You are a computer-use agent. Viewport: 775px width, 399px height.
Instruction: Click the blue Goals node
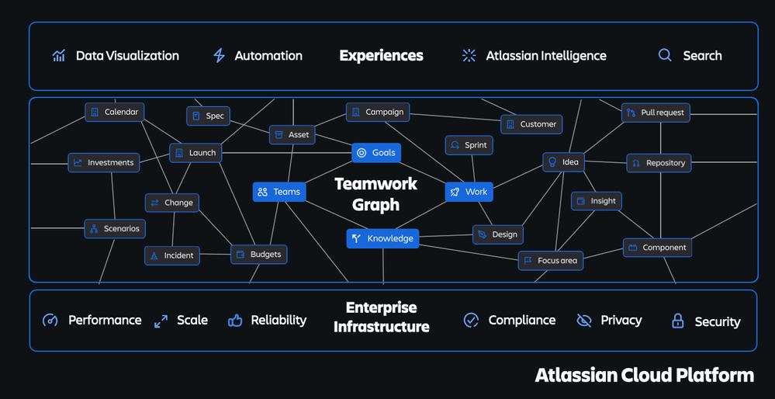[376, 153]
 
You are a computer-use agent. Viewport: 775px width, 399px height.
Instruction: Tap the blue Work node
[469, 192]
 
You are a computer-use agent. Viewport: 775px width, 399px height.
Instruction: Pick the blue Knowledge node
[382, 238]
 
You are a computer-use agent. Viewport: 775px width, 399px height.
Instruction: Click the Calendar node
[114, 112]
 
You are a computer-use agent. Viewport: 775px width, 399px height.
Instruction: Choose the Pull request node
[656, 113]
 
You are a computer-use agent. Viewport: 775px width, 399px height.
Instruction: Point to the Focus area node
[550, 261]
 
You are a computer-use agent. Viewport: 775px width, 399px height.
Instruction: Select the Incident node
[172, 255]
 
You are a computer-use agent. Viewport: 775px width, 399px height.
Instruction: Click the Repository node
[658, 163]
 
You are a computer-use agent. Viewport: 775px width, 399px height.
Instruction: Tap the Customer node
[531, 124]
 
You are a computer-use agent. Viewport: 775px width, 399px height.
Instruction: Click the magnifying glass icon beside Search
[665, 56]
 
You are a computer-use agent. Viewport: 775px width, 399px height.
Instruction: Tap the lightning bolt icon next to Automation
[219, 56]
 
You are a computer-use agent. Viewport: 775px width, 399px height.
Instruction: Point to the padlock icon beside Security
[677, 321]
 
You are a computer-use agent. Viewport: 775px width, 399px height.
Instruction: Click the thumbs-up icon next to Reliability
[235, 320]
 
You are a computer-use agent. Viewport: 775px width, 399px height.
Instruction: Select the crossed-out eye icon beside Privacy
[584, 320]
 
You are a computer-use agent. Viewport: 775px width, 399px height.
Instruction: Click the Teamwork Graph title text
[375, 194]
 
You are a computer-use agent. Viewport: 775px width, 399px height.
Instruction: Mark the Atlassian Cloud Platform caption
[644, 376]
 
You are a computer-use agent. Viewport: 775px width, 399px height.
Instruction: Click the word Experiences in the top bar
[381, 56]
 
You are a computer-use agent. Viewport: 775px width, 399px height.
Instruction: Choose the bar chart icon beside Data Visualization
[59, 56]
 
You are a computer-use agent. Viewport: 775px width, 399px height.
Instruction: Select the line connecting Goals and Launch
[287, 153]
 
